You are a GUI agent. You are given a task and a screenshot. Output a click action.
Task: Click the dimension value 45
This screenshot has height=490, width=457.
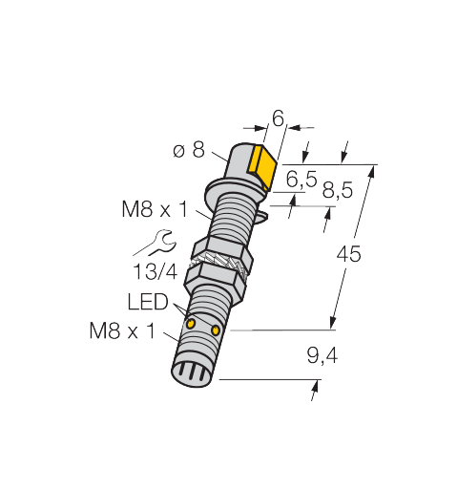(348, 254)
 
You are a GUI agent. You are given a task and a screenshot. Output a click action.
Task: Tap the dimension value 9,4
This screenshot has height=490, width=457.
(322, 356)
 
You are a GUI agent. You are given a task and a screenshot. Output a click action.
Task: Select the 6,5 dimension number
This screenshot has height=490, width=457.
(301, 179)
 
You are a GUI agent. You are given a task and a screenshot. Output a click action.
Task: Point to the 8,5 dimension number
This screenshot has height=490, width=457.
(338, 190)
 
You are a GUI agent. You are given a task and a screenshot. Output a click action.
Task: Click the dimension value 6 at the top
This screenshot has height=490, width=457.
(278, 118)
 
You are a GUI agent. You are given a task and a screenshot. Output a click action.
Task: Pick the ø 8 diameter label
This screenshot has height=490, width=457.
(189, 150)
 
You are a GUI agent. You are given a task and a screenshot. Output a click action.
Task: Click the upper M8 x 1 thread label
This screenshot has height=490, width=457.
(155, 209)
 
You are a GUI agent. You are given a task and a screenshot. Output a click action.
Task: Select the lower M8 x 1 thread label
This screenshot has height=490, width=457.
(122, 330)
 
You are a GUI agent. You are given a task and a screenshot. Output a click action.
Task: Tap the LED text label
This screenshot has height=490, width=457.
(148, 302)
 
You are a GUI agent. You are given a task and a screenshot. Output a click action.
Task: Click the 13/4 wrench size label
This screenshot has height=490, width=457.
(155, 271)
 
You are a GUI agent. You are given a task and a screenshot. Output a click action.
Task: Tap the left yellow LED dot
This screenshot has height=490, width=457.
(191, 323)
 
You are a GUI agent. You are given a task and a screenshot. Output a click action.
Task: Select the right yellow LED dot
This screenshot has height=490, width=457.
(216, 330)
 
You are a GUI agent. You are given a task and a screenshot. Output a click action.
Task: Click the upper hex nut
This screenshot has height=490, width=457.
(222, 250)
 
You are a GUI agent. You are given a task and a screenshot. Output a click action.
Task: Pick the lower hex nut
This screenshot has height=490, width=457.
(216, 281)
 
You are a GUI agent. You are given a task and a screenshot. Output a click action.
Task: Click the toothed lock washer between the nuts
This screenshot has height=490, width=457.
(218, 263)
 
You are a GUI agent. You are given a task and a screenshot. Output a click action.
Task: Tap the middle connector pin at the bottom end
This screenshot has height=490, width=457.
(191, 373)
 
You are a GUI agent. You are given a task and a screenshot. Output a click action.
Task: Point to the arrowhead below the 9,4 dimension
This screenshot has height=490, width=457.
(315, 386)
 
